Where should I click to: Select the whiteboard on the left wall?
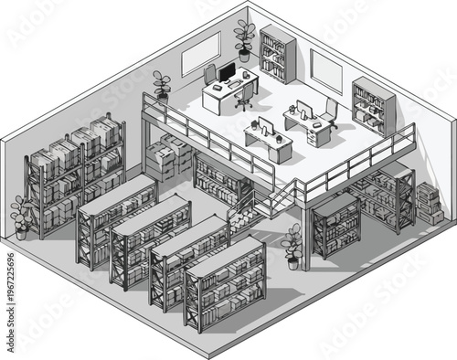[x=200, y=58]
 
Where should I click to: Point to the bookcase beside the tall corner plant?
[x=277, y=54]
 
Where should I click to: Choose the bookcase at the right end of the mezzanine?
[x=373, y=105]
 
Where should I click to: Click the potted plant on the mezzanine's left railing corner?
[x=162, y=85]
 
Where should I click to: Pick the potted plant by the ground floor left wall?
[x=21, y=217]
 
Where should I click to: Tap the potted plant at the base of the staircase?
[x=292, y=245]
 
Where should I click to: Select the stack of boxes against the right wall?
[x=428, y=204]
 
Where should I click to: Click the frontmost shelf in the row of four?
[x=225, y=282]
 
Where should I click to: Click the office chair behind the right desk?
[x=329, y=111]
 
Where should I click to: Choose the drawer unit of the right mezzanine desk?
[x=319, y=133]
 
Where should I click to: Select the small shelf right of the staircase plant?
[x=335, y=224]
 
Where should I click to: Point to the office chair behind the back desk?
[x=211, y=73]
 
